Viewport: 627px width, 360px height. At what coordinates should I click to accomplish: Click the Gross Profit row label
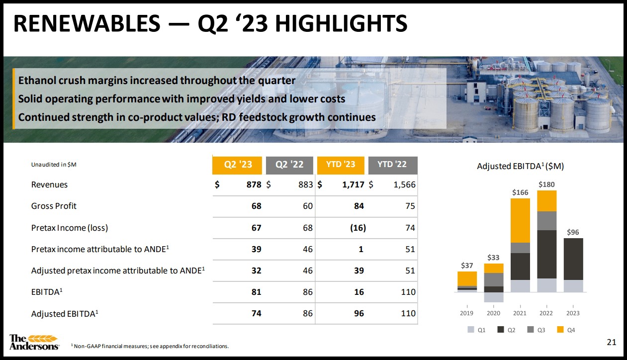point(54,206)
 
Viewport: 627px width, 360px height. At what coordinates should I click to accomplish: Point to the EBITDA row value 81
point(256,292)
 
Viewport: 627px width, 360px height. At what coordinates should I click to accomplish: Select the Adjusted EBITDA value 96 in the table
point(358,313)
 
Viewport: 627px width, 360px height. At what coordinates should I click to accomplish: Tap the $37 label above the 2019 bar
point(466,266)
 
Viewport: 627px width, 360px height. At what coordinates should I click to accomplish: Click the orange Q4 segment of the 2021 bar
point(520,220)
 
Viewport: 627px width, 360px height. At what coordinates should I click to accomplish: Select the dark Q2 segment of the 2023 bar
point(573,259)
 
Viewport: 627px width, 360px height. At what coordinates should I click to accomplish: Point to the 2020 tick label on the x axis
point(493,313)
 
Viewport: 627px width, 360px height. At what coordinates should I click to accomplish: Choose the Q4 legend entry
point(567,330)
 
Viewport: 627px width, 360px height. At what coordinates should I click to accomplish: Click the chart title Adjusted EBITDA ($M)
point(520,166)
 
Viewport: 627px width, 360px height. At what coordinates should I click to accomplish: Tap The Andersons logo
point(34,342)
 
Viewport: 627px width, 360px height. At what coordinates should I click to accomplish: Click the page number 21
point(612,342)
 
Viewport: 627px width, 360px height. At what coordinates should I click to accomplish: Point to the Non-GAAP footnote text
point(150,346)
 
